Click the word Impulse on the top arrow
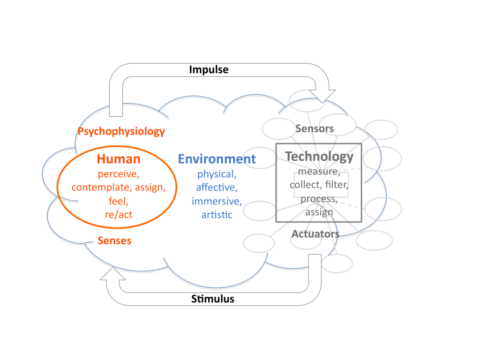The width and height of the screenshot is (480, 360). [x=209, y=70]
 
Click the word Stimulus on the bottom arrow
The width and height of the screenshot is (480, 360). [x=212, y=299]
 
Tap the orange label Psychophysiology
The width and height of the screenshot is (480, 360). [x=121, y=131]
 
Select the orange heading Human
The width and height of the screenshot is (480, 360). [x=119, y=159]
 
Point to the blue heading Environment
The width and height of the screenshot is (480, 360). [x=217, y=159]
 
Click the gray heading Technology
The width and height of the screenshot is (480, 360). [x=319, y=156]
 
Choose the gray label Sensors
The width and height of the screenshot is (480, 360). [x=314, y=128]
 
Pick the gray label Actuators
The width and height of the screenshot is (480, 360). [x=315, y=233]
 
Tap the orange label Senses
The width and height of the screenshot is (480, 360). [x=114, y=241]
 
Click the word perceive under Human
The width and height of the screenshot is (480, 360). [x=119, y=174]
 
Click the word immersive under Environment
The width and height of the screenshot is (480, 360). [x=217, y=202]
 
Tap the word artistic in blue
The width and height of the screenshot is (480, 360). [x=217, y=215]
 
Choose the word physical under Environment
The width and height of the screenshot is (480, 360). [x=216, y=174]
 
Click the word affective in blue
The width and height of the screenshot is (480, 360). [x=217, y=188]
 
